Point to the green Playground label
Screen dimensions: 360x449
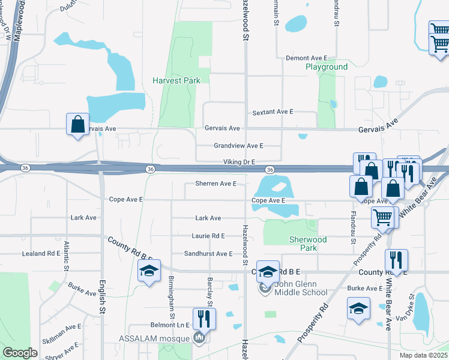pos(327,67)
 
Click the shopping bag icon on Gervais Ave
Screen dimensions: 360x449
pos(77,124)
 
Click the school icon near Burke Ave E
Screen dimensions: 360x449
pos(358,308)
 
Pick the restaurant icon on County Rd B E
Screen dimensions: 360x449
pos(396,260)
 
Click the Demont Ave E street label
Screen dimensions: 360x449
pos(307,58)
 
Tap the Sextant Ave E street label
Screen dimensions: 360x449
pos(273,112)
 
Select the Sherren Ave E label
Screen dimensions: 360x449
pos(215,184)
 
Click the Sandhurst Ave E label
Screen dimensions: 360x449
pos(208,254)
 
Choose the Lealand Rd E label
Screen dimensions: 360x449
pos(41,254)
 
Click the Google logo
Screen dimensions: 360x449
pos(20,353)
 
